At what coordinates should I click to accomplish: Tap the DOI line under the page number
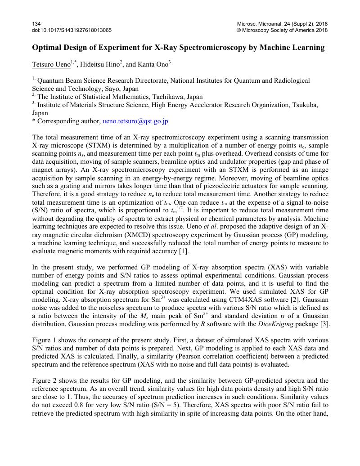72,30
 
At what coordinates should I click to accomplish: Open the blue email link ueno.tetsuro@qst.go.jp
135,121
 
